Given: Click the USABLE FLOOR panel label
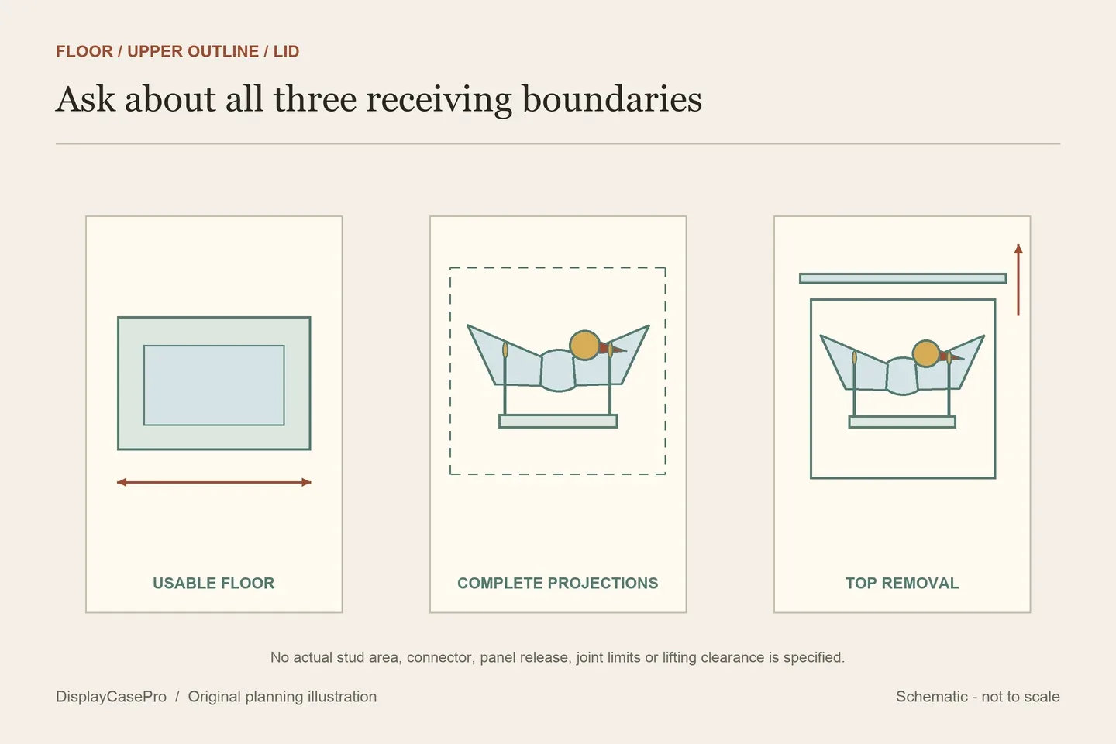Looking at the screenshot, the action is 214,583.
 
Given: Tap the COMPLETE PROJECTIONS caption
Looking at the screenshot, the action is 558,583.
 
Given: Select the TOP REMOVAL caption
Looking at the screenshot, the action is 902,583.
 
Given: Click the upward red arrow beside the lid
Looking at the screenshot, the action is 1018,280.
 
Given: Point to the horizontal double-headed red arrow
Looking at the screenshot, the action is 214,482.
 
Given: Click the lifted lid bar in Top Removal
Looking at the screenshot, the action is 903,278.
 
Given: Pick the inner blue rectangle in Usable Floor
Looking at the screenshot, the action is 214,385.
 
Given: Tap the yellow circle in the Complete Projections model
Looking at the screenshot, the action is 584,345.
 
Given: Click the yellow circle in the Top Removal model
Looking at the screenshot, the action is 926,354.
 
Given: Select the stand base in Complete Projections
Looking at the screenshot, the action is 558,421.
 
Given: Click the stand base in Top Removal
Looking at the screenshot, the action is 902,422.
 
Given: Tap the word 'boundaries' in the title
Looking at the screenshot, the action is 611,99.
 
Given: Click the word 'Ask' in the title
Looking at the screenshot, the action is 85,99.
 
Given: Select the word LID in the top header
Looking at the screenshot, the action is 287,51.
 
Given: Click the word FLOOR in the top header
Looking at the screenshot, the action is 84,51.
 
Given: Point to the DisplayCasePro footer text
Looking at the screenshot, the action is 111,696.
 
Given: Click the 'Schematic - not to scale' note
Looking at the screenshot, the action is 977,696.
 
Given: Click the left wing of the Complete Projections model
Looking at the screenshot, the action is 505,355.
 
